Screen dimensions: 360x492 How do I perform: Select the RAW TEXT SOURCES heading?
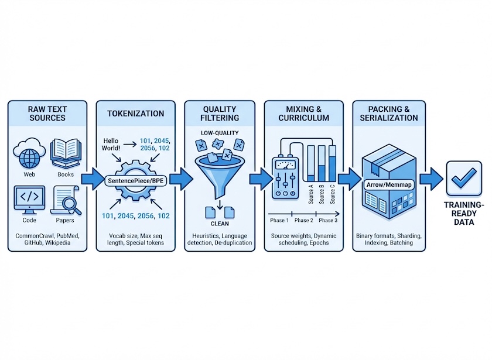tap(46, 113)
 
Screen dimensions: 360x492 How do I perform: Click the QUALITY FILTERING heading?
tap(220, 113)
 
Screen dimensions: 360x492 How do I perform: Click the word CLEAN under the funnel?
tap(220, 223)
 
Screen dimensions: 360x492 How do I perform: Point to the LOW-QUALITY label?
tap(220, 134)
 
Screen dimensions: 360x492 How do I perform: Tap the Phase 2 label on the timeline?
tap(304, 221)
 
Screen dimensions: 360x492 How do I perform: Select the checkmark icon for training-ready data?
tap(464, 178)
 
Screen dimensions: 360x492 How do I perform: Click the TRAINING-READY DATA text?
tap(463, 214)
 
